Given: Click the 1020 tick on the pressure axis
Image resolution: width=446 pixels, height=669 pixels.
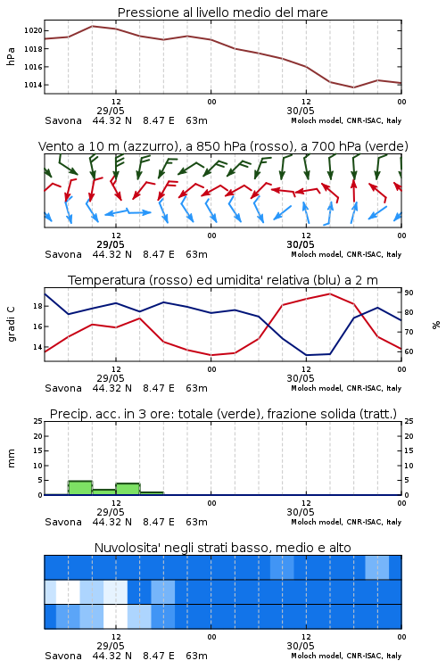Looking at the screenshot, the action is pyautogui.click(x=33, y=30).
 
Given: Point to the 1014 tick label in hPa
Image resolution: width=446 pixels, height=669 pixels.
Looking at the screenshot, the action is pyautogui.click(x=33, y=85).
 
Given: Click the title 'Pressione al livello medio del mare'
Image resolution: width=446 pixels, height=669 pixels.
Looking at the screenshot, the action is pyautogui.click(x=222, y=12).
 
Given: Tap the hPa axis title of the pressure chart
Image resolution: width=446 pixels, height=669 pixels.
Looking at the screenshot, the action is pyautogui.click(x=11, y=56).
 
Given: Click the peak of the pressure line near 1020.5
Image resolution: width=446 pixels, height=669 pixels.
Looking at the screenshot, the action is pyautogui.click(x=92, y=26).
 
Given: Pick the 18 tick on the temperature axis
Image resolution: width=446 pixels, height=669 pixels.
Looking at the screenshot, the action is pyautogui.click(x=38, y=306).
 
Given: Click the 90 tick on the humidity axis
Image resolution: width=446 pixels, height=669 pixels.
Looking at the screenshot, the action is pyautogui.click(x=409, y=293).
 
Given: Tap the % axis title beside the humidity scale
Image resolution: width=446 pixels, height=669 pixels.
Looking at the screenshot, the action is pyautogui.click(x=436, y=325).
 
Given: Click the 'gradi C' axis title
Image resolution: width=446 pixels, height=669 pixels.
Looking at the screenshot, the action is pyautogui.click(x=11, y=324).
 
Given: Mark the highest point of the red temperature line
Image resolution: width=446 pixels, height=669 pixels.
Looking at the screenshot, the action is pyautogui.click(x=329, y=293).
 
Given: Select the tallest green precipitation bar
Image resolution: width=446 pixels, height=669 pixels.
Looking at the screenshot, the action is pyautogui.click(x=80, y=488).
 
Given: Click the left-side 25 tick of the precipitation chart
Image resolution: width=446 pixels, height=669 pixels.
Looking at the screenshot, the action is pyautogui.click(x=38, y=421).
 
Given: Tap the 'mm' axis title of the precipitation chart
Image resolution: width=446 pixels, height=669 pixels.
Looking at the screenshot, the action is pyautogui.click(x=11, y=458).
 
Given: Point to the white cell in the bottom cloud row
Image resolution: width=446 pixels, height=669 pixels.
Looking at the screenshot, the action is pyautogui.click(x=115, y=616).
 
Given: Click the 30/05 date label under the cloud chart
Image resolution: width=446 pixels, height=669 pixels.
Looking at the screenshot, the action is pyautogui.click(x=301, y=646).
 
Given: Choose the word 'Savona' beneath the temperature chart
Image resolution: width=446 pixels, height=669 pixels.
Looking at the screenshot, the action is pyautogui.click(x=63, y=388).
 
